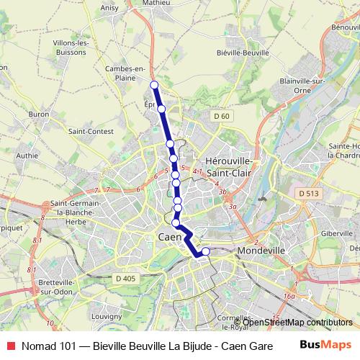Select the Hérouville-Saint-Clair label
[x=228, y=167]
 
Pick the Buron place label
[x=38, y=114]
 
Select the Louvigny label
[x=107, y=315]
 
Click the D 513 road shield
[x=307, y=194]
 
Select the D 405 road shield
[x=125, y=279]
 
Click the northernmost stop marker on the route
[x=154, y=85]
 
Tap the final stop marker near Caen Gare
[x=205, y=251]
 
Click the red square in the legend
[x=9, y=345]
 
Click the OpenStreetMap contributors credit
[x=297, y=322]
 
